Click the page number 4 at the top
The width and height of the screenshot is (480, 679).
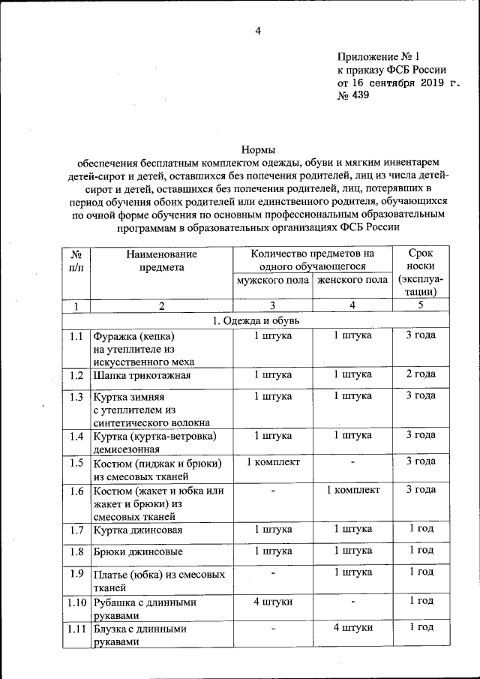click(257, 31)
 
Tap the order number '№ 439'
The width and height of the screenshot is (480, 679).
click(353, 96)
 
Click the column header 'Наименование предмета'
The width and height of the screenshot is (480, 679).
click(155, 261)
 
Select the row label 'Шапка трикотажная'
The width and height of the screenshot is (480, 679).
click(142, 375)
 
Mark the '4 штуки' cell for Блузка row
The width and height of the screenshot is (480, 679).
click(352, 628)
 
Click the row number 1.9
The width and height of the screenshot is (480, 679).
click(75, 574)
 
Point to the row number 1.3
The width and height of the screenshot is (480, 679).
click(75, 397)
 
